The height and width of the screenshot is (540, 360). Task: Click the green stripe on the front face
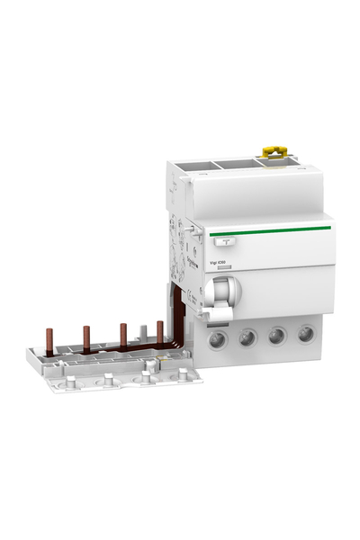click(x=270, y=230)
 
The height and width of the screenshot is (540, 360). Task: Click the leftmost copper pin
click(x=48, y=338)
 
